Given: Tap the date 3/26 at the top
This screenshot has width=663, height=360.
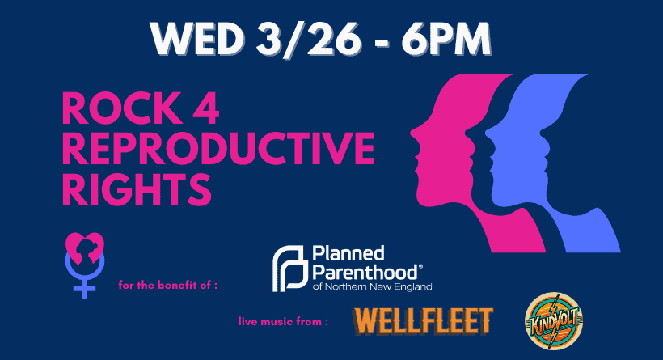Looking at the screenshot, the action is [x=308, y=39].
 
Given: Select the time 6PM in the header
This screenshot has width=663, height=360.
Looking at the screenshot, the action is [x=446, y=39].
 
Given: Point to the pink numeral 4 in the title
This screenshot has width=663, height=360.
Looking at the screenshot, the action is [x=205, y=108].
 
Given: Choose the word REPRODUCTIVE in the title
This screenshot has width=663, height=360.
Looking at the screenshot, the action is [x=218, y=148].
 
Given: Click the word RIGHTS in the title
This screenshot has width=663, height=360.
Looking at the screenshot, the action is [x=137, y=189].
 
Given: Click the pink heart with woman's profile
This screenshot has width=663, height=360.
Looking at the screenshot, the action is [x=85, y=248].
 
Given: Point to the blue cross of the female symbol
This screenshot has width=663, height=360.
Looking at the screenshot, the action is [x=85, y=289].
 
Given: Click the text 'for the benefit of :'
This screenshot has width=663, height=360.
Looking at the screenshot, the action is [x=168, y=285].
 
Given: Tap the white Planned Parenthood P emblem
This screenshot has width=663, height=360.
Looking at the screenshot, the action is [x=289, y=269].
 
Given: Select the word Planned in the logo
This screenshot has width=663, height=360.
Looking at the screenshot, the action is [x=348, y=253].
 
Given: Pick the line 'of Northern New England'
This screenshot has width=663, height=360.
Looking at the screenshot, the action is [x=373, y=286].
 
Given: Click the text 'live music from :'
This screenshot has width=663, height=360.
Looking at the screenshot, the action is [x=283, y=321].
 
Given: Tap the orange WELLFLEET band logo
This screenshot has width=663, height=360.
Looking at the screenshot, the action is [x=423, y=321].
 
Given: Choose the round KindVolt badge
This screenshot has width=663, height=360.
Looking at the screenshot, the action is [x=554, y=321].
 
